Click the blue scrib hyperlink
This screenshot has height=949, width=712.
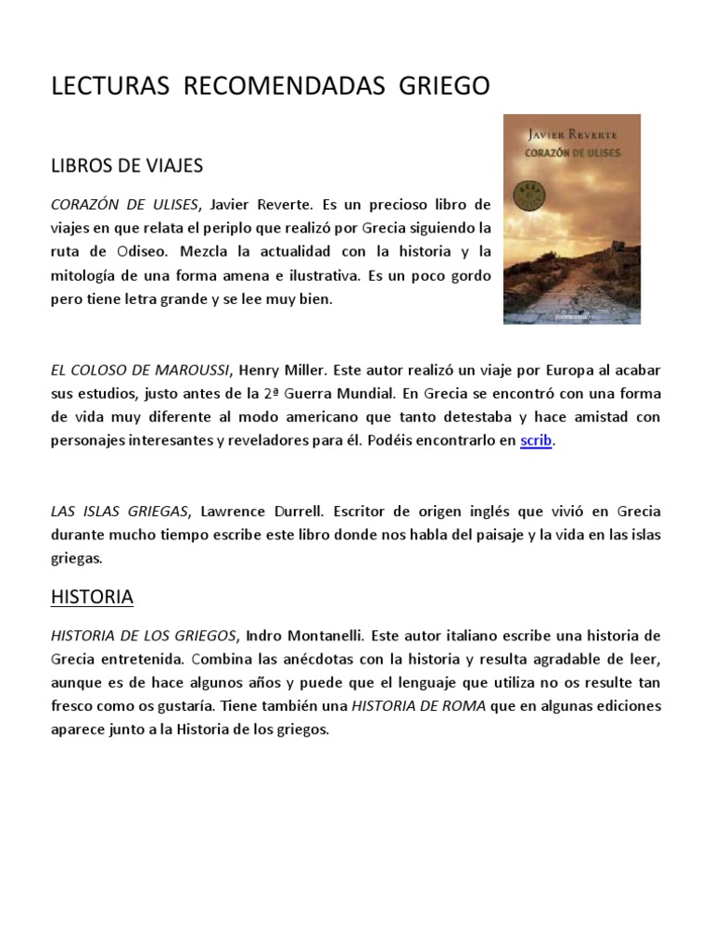[537, 441]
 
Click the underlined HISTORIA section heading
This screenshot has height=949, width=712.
[92, 597]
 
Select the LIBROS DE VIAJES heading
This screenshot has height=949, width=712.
[126, 166]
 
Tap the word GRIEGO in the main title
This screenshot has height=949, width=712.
[444, 86]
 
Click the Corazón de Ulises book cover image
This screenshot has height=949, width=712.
[571, 219]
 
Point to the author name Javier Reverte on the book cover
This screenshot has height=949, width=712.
[571, 133]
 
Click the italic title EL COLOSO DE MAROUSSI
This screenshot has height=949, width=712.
[140, 369]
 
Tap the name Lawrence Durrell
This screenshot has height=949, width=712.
[251, 511]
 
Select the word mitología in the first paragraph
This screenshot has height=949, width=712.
[83, 275]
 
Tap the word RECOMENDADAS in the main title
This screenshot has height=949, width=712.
[285, 86]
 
